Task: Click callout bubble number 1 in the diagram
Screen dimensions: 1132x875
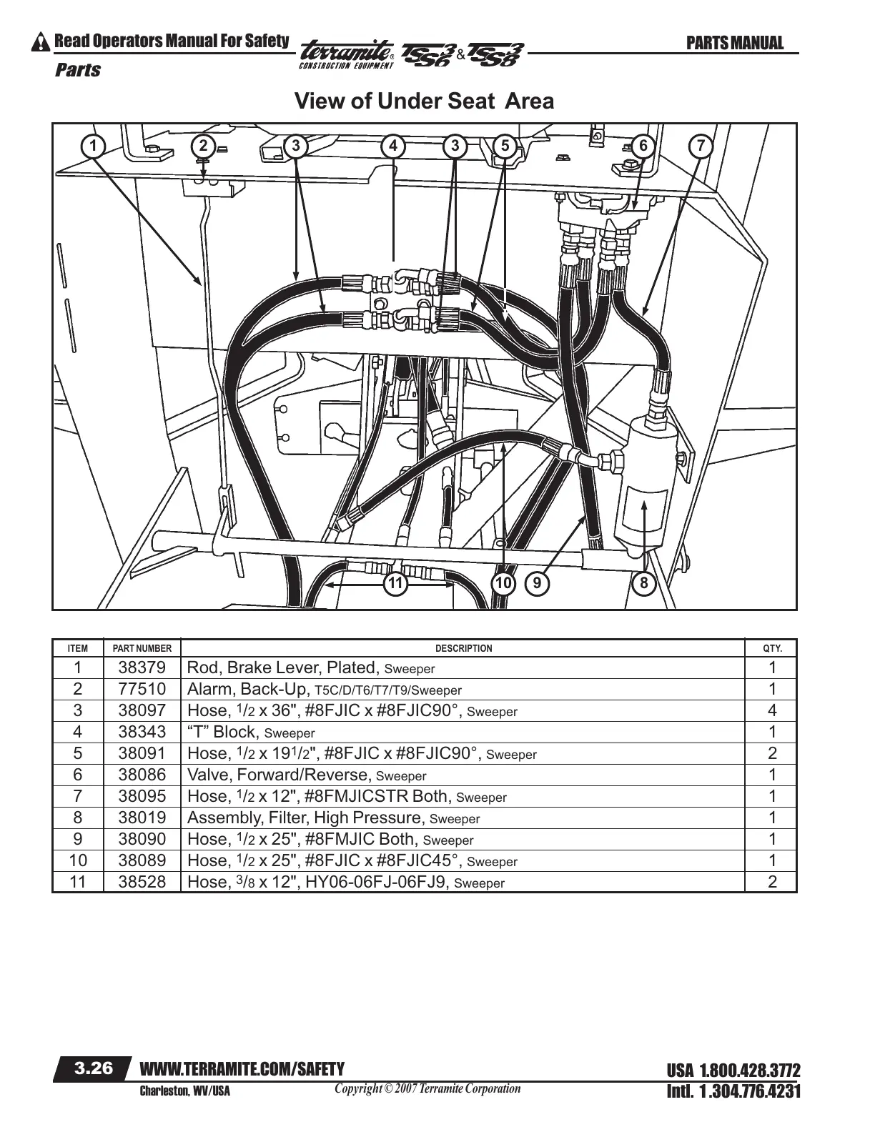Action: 92,146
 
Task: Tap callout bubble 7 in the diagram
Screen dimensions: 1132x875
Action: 701,146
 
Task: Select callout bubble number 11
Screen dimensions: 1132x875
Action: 395,584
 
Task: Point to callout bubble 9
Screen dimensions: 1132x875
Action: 537,584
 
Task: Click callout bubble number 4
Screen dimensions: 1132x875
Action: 393,146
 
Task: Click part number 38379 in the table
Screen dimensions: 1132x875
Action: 142,667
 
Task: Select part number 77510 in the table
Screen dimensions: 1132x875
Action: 142,689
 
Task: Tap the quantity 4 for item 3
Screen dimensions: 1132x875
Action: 772,710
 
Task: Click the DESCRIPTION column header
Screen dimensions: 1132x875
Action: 463,648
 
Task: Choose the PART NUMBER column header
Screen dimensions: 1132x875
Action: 142,648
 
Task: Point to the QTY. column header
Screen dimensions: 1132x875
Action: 772,648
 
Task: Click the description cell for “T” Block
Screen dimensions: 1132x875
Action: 251,732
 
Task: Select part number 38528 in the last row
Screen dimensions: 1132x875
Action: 142,882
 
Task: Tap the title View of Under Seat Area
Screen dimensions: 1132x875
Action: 424,101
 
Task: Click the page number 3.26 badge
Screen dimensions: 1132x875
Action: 94,1068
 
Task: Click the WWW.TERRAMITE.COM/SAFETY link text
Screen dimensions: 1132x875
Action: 242,1069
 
